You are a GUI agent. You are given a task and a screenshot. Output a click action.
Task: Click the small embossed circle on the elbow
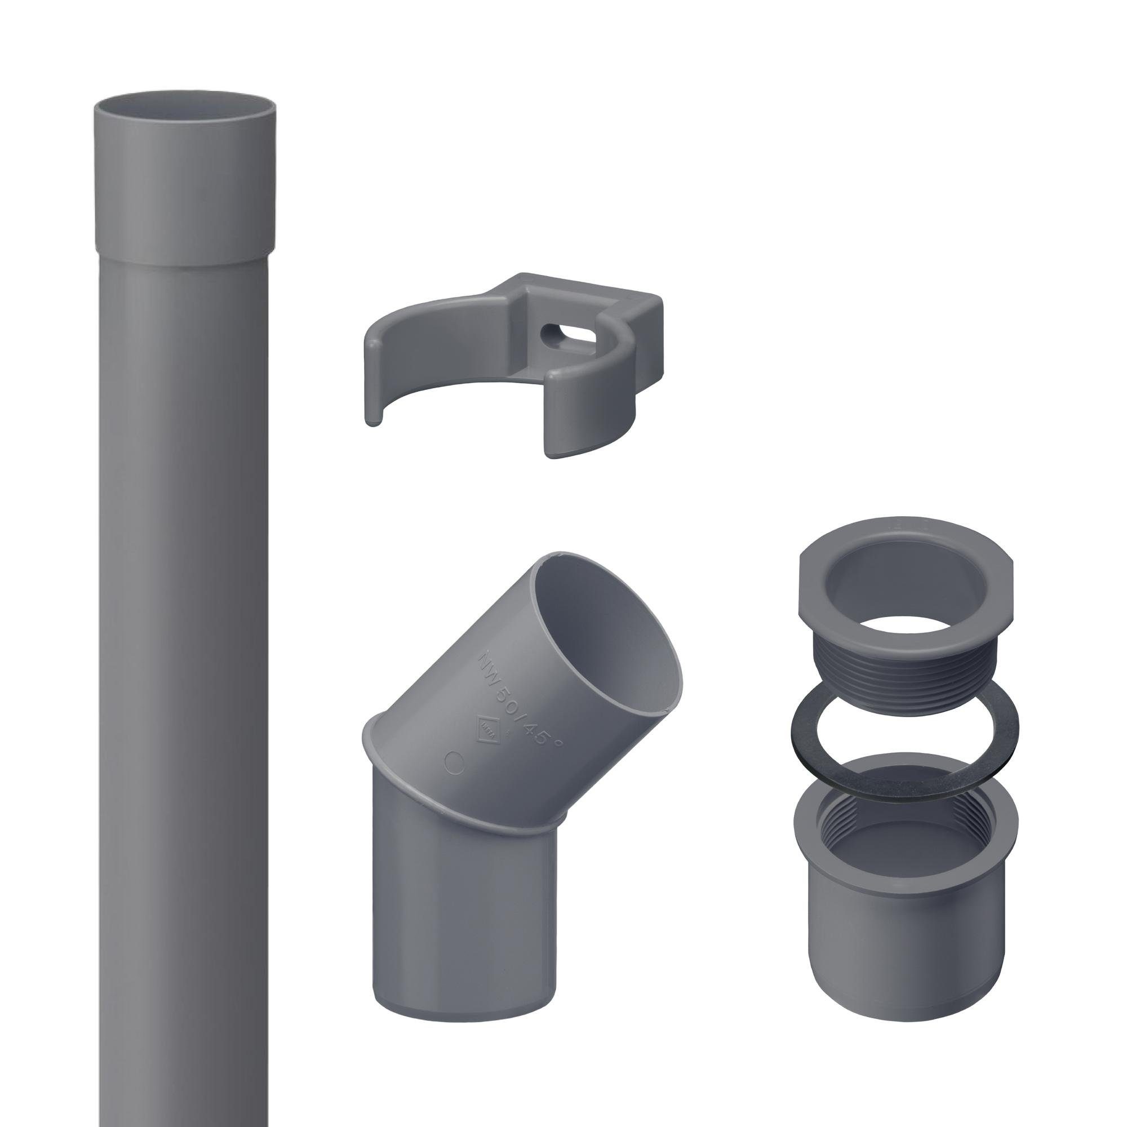pos(454,762)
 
